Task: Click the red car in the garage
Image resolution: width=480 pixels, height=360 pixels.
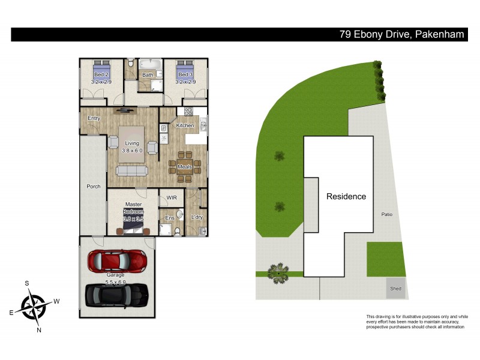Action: click(x=118, y=260)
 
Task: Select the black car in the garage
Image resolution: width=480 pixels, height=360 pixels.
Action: click(x=117, y=293)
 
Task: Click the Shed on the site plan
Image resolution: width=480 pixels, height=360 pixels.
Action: click(x=395, y=288)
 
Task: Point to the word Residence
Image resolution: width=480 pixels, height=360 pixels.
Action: click(x=346, y=196)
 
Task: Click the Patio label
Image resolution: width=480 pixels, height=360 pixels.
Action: click(x=386, y=214)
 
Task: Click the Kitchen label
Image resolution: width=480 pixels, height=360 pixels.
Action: click(x=185, y=125)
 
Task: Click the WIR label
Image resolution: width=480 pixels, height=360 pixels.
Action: click(x=172, y=197)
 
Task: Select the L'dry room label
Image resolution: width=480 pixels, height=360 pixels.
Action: click(x=195, y=217)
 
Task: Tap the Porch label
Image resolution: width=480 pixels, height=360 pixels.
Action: click(x=94, y=187)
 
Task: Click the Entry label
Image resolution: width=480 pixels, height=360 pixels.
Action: click(x=94, y=118)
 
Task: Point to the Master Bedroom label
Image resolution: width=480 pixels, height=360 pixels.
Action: click(x=133, y=212)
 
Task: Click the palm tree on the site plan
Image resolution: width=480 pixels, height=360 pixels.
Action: click(x=278, y=273)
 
